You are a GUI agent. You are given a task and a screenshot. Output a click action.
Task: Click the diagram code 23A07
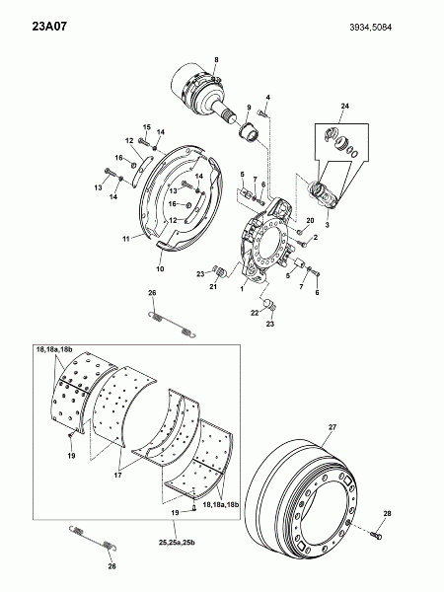click(49, 27)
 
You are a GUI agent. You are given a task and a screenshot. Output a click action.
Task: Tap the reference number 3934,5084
click(370, 28)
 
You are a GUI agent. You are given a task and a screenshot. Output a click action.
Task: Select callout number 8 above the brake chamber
click(216, 59)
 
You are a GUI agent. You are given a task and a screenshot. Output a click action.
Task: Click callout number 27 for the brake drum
click(333, 427)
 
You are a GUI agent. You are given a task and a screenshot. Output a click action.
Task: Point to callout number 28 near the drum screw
click(388, 513)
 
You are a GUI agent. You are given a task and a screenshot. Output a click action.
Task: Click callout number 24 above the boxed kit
click(344, 107)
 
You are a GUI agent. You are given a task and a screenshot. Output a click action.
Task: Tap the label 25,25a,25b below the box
click(177, 543)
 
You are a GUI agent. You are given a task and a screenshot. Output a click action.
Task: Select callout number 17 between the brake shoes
click(117, 475)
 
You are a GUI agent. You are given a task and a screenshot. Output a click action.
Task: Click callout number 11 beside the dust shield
click(126, 239)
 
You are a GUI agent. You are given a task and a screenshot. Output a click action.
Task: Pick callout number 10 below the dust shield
click(160, 268)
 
